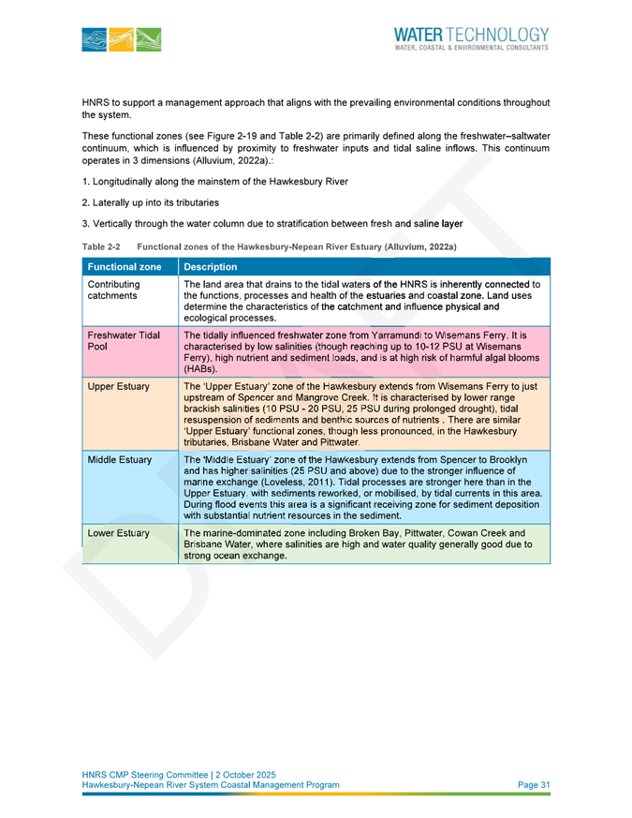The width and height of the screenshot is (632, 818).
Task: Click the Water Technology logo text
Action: [x=472, y=35]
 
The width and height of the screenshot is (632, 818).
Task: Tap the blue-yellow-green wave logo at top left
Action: [x=122, y=38]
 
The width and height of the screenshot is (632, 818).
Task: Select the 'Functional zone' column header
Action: [x=124, y=267]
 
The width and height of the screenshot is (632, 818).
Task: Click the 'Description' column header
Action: [x=212, y=267]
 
